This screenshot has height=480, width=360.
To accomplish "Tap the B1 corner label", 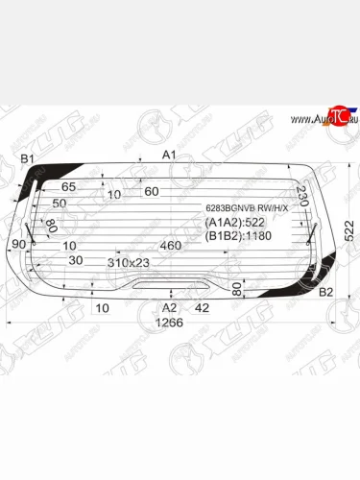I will (28, 158).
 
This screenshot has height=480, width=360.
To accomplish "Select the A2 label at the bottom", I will (170, 307).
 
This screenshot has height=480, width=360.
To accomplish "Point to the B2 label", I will (325, 292).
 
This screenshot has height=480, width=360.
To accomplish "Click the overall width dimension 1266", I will (169, 323).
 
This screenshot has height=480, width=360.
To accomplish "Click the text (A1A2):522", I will (235, 222).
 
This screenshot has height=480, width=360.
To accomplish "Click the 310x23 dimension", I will (130, 261).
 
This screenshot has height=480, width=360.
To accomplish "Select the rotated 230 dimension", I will (301, 197).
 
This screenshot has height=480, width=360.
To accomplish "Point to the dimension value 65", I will (69, 187).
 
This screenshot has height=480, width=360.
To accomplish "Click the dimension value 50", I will (60, 204).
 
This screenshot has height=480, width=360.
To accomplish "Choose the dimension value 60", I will (151, 191).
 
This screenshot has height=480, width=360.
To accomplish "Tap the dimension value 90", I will (19, 246).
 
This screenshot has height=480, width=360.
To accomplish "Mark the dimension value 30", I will (76, 261).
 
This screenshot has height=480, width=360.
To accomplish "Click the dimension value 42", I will (201, 307).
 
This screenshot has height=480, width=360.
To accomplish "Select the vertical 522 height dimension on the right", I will (349, 230).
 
